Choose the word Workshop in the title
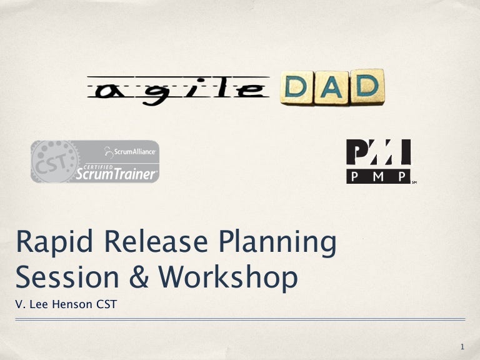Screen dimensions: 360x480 coord(227,277)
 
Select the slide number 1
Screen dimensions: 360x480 coord(461,346)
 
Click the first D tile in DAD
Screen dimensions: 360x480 coord(297,89)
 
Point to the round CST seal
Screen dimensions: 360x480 coord(55,161)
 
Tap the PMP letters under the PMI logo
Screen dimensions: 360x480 coord(379,176)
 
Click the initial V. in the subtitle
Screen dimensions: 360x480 coord(19,306)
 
